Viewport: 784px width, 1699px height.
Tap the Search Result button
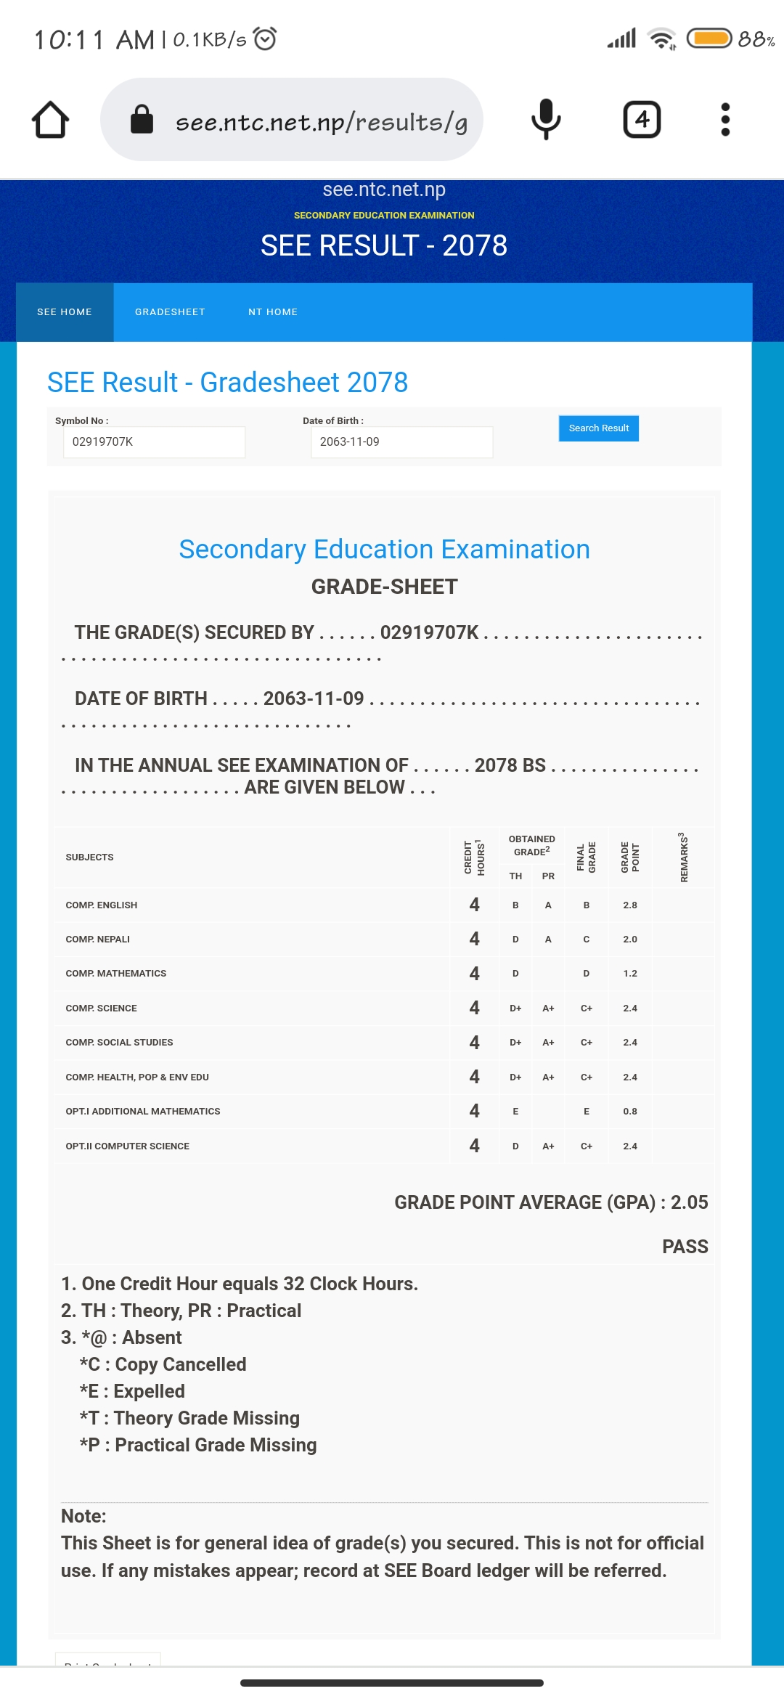(x=598, y=428)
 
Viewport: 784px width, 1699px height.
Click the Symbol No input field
(x=154, y=442)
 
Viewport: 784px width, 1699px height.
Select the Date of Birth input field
(x=401, y=442)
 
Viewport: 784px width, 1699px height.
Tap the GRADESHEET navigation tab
(x=170, y=312)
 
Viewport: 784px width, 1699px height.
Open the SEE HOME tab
(x=65, y=312)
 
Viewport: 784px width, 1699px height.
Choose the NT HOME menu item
(x=273, y=312)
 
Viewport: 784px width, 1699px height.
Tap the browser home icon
(x=51, y=120)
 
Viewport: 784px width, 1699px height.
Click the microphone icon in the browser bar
(x=546, y=120)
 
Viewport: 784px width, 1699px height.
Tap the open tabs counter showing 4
(x=642, y=120)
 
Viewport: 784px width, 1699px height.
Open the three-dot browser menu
(x=724, y=120)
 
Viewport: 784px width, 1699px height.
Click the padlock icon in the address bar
(x=142, y=120)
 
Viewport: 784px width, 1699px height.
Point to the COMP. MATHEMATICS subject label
(x=116, y=974)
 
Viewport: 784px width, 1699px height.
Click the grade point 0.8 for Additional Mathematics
(x=629, y=1112)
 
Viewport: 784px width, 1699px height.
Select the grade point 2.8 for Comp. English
(x=629, y=905)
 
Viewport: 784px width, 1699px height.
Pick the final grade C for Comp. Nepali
(x=586, y=940)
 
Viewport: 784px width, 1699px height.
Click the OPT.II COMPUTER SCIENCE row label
(x=128, y=1146)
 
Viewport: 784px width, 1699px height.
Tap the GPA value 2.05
(x=689, y=1202)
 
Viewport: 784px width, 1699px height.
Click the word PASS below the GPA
(x=685, y=1247)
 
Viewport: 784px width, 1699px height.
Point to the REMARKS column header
(x=683, y=857)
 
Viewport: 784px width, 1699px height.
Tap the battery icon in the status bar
(x=709, y=38)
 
